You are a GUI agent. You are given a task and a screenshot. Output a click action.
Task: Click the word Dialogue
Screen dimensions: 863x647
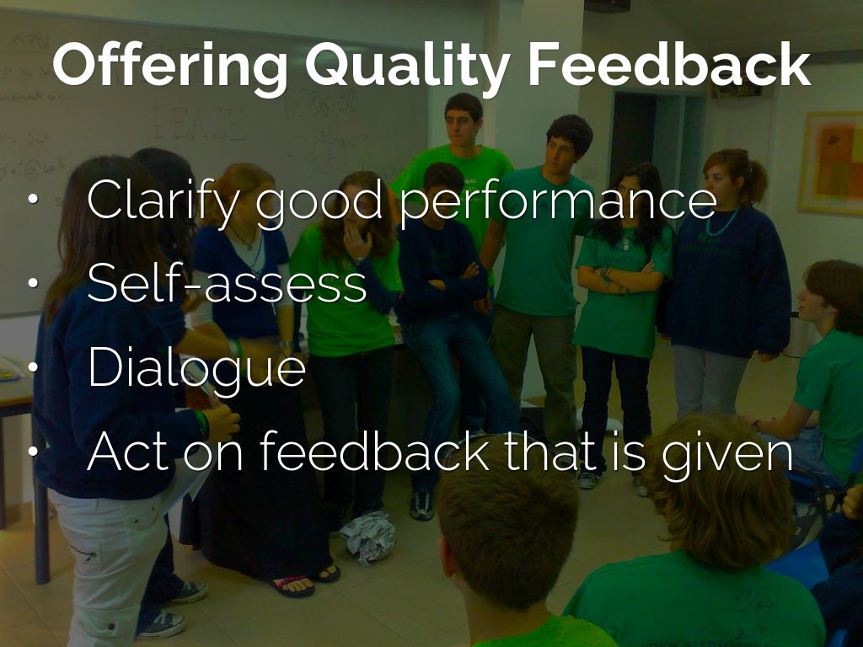tap(196, 367)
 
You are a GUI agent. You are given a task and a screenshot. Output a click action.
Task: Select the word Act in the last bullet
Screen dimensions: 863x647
tap(126, 452)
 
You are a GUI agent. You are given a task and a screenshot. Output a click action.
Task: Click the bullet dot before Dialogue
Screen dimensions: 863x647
tap(33, 367)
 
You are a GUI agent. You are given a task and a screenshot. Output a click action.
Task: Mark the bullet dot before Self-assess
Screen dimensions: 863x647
tap(33, 283)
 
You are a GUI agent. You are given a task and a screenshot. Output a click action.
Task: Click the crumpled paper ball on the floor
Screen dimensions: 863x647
tap(367, 537)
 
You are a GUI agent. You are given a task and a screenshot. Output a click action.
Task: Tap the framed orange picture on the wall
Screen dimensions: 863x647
tap(831, 163)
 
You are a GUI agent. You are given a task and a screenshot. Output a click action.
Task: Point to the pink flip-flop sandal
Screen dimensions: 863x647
tap(292, 586)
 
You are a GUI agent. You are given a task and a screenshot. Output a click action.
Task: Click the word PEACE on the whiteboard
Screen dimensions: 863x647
tap(199, 123)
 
